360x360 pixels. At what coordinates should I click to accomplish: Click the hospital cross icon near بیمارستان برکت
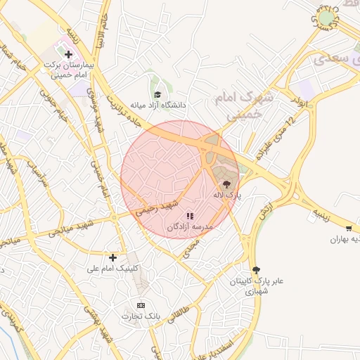point(68,53)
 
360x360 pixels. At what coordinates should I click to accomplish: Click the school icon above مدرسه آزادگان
point(190,216)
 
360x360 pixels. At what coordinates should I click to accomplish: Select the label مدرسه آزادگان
point(190,227)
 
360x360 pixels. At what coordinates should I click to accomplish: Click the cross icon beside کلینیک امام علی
point(112,257)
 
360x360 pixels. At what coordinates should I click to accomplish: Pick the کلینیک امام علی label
point(113,269)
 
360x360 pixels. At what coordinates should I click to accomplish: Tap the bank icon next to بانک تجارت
point(141,305)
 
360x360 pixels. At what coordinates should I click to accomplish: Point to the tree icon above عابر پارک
point(256,269)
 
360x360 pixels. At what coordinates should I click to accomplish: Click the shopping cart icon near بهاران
point(349,228)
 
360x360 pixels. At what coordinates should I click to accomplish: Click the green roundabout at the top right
point(326,18)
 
